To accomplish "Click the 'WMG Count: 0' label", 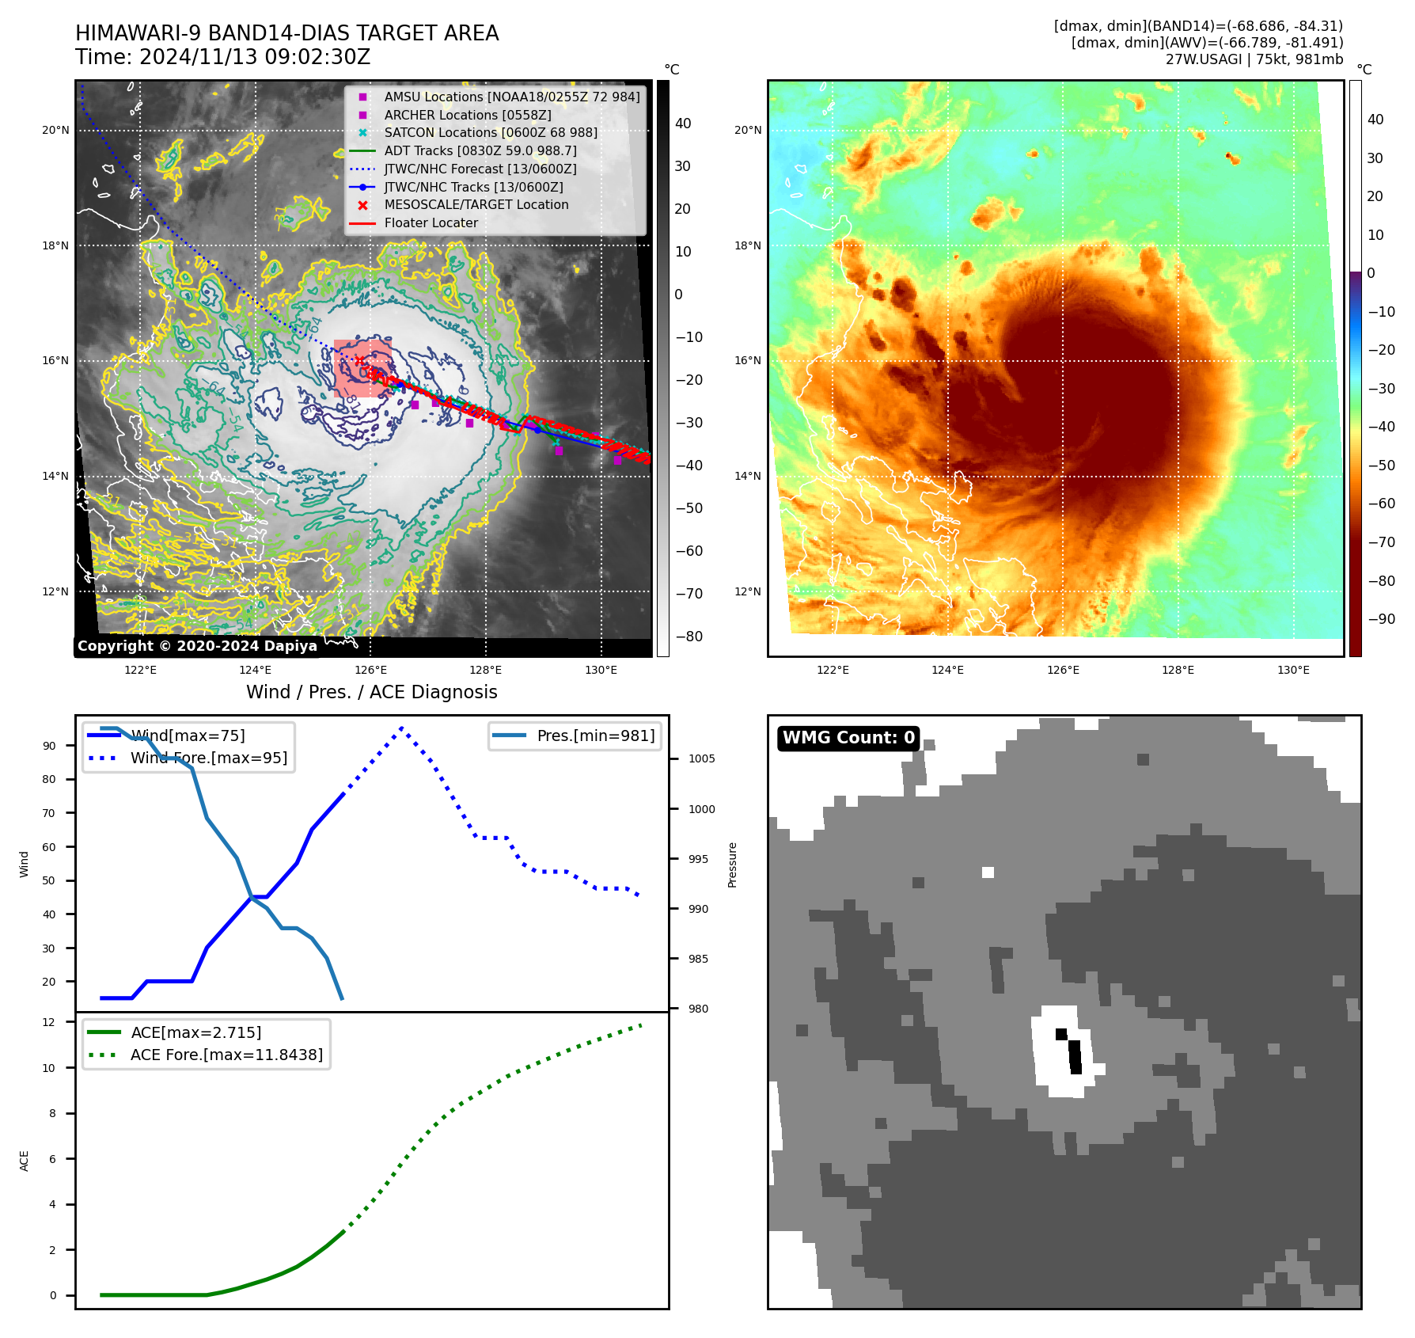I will click(x=848, y=738).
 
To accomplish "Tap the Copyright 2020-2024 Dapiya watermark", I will click(x=197, y=646).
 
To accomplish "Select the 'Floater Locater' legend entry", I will click(x=431, y=223).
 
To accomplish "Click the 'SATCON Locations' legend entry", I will click(x=490, y=133).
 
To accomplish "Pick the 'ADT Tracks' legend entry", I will click(x=480, y=150).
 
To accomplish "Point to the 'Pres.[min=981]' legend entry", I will click(x=595, y=736).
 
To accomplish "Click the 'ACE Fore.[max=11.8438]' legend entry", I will click(x=226, y=1055).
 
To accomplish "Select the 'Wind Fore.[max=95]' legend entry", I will click(x=208, y=758).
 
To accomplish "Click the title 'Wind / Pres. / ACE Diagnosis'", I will click(x=371, y=692).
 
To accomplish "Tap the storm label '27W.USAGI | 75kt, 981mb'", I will click(x=1254, y=59).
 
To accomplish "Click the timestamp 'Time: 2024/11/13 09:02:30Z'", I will click(x=222, y=57).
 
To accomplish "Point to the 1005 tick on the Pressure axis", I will click(x=701, y=758).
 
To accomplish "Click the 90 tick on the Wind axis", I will click(x=49, y=746).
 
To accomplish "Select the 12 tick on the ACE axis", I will click(x=49, y=1022).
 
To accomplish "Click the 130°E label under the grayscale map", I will click(x=601, y=671).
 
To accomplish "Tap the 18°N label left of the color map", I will click(x=747, y=245).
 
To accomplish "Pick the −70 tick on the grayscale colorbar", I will click(x=689, y=594).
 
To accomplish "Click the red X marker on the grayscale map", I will click(x=359, y=360).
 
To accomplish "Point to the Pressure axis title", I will click(x=732, y=865).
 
